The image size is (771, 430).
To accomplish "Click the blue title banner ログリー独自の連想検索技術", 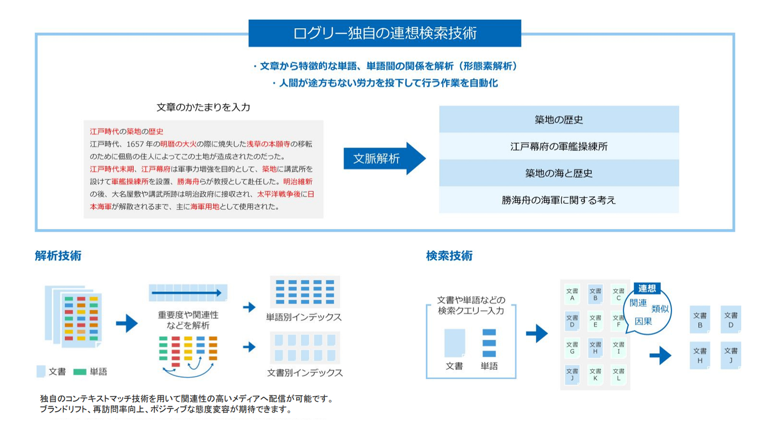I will click(x=385, y=33).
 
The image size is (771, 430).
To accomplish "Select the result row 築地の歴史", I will click(x=559, y=119).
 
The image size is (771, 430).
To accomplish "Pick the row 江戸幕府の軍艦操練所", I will click(x=559, y=146).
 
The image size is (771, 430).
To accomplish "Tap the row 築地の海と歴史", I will click(x=559, y=173).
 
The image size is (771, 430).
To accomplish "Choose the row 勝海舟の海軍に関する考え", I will click(x=559, y=200).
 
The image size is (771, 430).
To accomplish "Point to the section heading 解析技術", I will click(x=58, y=255).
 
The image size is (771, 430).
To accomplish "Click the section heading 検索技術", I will click(x=449, y=255).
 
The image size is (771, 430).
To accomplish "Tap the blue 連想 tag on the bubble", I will click(x=647, y=288).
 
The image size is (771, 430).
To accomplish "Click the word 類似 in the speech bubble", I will click(x=660, y=309).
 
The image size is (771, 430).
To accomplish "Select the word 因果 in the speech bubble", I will click(x=643, y=321).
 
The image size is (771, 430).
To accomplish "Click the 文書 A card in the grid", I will click(x=572, y=294).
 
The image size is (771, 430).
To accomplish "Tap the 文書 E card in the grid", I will click(x=595, y=321).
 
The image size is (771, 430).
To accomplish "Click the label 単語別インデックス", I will click(x=304, y=317).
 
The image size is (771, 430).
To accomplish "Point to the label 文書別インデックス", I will click(x=305, y=373).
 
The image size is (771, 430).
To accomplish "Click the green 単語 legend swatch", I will click(x=79, y=372).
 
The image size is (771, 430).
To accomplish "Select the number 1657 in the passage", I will click(x=135, y=144).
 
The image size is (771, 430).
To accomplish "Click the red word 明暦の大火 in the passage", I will click(x=178, y=144).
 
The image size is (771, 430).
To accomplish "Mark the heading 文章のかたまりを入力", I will click(x=203, y=107).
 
